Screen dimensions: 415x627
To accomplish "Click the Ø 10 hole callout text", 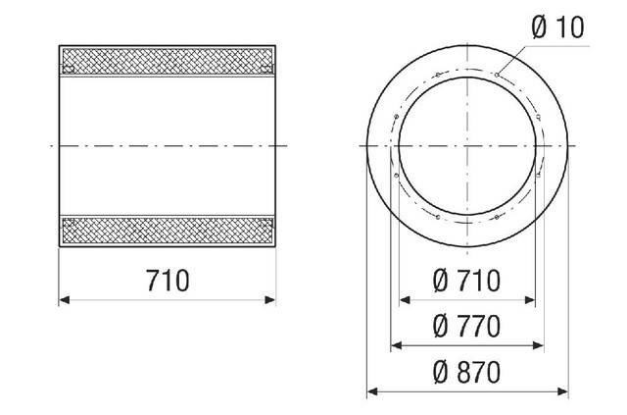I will click(557, 27).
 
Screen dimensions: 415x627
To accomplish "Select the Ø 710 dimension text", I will click(466, 282).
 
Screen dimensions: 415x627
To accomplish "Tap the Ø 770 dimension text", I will click(466, 324).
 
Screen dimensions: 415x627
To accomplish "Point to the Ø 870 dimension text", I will click(466, 372).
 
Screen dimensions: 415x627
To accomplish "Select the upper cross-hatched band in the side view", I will click(168, 60).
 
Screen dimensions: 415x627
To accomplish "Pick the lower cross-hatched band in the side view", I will click(168, 232).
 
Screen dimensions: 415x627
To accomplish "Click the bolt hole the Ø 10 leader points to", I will click(498, 75).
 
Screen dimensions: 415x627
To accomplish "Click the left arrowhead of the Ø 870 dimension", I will click(371, 392).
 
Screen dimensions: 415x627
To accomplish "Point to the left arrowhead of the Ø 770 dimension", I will click(395, 344).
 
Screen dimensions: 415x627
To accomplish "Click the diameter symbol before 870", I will click(440, 372).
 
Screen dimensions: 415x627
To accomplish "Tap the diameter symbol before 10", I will click(541, 27).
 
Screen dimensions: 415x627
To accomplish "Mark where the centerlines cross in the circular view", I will click(466, 144).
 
